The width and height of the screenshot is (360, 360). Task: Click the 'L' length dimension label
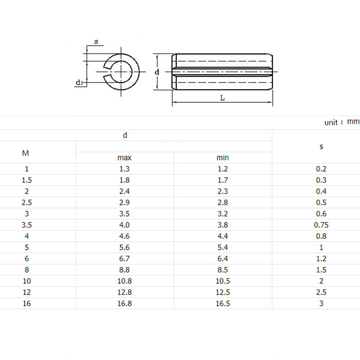click(222, 98)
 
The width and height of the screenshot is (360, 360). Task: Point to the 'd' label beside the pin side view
click(157, 72)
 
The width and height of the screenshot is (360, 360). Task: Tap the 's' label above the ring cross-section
click(96, 41)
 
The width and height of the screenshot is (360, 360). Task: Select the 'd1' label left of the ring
click(79, 82)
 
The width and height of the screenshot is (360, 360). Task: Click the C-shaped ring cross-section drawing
click(121, 72)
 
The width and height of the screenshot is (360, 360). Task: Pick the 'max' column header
click(125, 157)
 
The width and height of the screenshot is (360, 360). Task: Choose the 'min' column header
click(222, 157)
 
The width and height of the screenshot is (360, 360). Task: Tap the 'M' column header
click(26, 153)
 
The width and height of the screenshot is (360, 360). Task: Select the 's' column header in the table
click(321, 146)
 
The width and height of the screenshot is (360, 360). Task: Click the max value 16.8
click(125, 303)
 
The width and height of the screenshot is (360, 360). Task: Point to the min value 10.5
click(222, 281)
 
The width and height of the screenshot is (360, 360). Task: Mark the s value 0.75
click(321, 225)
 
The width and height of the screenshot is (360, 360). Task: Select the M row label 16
click(26, 303)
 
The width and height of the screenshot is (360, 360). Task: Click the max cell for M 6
click(125, 258)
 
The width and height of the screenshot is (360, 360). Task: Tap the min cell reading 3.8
click(222, 225)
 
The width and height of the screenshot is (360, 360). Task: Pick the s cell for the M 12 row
click(321, 292)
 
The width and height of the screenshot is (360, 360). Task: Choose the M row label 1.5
click(26, 180)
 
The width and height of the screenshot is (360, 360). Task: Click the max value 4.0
click(125, 225)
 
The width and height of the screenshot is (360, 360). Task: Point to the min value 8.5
click(222, 270)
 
